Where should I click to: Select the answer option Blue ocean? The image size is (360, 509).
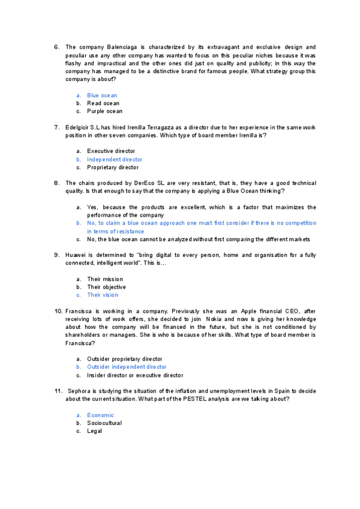(102, 95)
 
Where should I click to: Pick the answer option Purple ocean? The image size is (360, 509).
(104, 111)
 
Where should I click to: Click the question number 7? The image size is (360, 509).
(56, 127)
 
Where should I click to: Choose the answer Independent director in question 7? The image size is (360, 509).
(115, 160)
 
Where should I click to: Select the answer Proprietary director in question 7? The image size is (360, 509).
(112, 167)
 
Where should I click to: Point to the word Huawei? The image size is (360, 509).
(76, 255)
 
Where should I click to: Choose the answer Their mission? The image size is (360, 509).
(105, 279)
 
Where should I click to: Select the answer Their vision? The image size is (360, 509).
(103, 295)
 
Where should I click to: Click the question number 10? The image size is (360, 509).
(58, 311)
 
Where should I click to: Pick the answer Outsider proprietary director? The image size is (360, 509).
(125, 359)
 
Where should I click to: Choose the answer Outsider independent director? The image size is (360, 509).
(127, 367)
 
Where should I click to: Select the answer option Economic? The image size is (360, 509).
(100, 415)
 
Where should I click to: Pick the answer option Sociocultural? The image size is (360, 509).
(104, 423)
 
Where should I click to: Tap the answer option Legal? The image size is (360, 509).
(94, 430)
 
